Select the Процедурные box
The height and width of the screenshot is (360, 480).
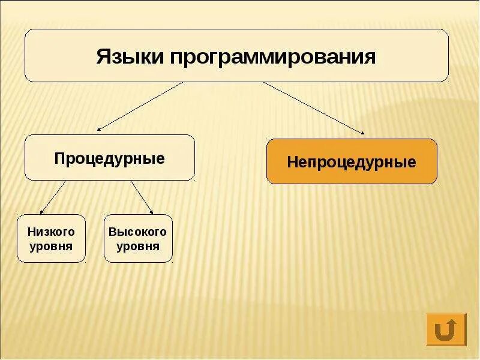coord(110,158)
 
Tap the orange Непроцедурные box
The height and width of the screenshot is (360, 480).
coord(352,161)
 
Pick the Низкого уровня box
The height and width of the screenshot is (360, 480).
coord(51,238)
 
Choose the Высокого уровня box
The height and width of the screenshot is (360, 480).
coord(138,238)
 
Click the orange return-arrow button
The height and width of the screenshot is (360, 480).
coord(446,329)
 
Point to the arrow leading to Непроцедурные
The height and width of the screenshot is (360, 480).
coord(312,107)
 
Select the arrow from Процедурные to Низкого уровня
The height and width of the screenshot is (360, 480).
coord(53,196)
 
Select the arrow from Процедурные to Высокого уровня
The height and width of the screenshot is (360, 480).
coord(142,196)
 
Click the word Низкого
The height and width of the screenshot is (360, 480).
coord(51,232)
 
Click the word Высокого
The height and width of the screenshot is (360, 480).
coord(138,232)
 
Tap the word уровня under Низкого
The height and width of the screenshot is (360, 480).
coord(51,246)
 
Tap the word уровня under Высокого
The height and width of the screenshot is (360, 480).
coord(138,246)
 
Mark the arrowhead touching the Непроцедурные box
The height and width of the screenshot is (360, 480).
coord(362,132)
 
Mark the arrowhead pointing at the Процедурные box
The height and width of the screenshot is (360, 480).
coord(100,128)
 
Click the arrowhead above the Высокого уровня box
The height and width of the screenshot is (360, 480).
coord(151,212)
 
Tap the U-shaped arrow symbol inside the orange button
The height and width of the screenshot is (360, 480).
coord(446,329)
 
